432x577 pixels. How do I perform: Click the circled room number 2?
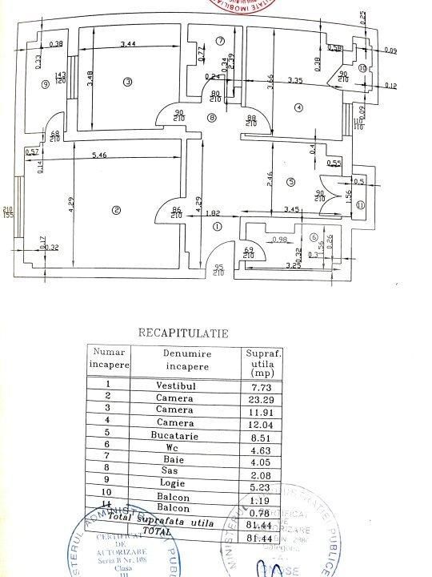[x=117, y=211]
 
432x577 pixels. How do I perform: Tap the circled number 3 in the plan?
[x=126, y=81]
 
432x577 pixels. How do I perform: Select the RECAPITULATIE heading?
[x=183, y=331]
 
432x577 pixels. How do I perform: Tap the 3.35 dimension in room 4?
[x=297, y=81]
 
